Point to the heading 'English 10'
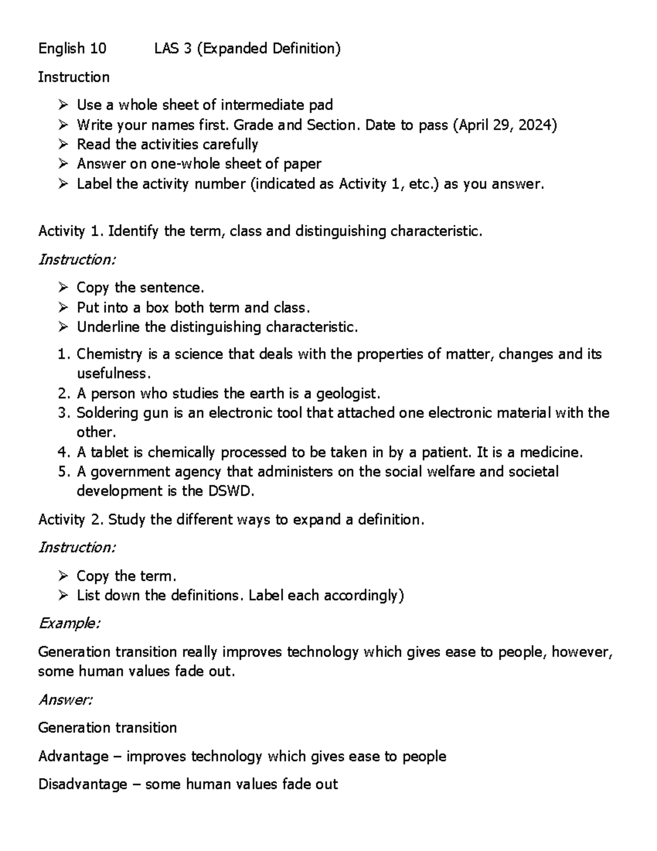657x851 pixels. [x=72, y=49]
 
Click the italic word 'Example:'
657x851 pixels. [x=69, y=624]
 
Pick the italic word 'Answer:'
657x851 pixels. [x=65, y=700]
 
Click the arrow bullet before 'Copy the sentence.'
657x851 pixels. [x=64, y=288]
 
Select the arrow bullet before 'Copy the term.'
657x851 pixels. [x=64, y=576]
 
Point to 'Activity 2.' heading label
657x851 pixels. [x=71, y=519]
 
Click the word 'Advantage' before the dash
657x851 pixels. [x=73, y=757]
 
